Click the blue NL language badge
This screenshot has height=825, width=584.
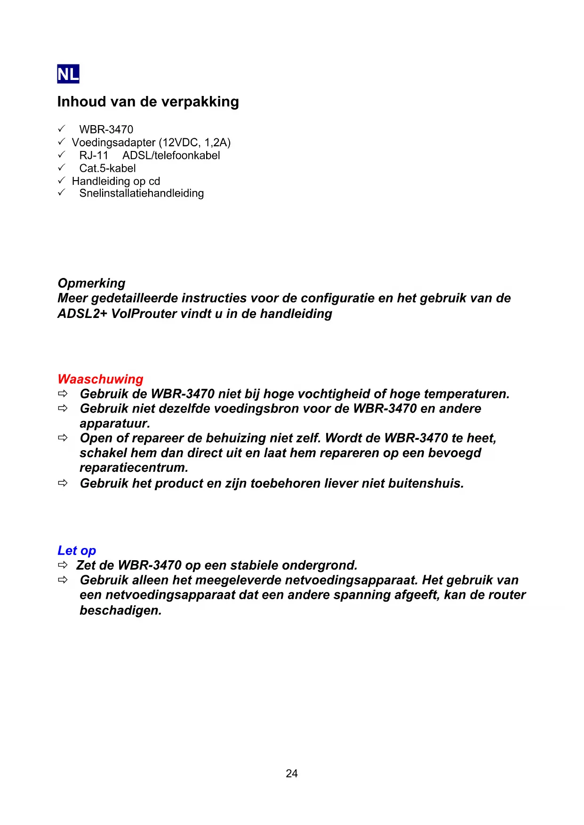[x=68, y=74]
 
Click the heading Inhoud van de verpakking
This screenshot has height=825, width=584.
[x=148, y=102]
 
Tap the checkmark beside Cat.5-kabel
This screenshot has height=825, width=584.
[x=61, y=167]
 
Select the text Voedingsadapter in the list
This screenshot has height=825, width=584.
[x=113, y=143]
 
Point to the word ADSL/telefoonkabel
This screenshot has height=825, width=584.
[x=171, y=155]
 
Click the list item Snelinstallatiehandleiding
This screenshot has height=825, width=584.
[x=141, y=193]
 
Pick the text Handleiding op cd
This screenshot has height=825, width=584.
[x=116, y=181]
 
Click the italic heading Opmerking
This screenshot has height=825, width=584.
[x=91, y=283]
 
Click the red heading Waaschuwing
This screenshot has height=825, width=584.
[x=100, y=379]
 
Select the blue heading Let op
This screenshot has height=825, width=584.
[x=77, y=550]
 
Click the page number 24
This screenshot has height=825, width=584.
[x=292, y=773]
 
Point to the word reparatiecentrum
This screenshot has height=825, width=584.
[x=134, y=468]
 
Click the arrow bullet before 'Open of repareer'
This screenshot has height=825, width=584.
[x=63, y=438]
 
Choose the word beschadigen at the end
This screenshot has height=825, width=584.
[x=120, y=611]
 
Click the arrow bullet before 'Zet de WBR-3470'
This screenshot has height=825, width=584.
[x=63, y=565]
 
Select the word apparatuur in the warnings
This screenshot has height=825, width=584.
[x=115, y=423]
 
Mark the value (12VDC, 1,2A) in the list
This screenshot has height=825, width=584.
[x=195, y=143]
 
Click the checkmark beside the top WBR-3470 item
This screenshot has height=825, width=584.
[x=61, y=128]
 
